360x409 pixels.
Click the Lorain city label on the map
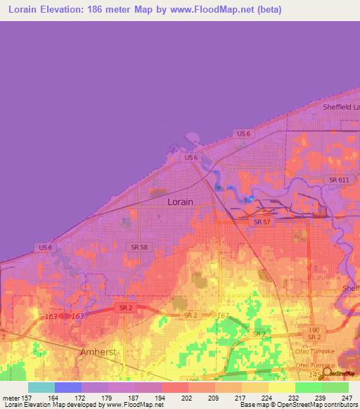(182, 201)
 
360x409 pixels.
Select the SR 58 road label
(139, 247)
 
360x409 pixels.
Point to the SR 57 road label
(262, 222)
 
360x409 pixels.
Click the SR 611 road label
(339, 180)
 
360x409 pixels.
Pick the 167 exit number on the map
(224, 316)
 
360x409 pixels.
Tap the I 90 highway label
(314, 329)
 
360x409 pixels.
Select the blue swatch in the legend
(68, 387)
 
